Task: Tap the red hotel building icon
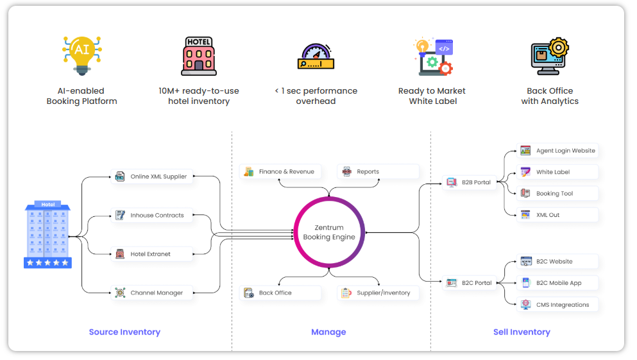199,56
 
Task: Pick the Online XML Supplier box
152,176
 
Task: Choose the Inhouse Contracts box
152,216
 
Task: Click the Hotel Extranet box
152,254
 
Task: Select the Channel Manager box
152,293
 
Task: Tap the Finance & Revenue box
280,171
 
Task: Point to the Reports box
378,171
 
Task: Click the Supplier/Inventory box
378,293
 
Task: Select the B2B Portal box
470,182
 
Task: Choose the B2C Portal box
470,283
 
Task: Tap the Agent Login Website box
557,151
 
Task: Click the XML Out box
557,215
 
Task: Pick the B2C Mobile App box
557,283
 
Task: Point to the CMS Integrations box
557,305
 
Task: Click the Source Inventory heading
124,332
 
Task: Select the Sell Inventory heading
522,332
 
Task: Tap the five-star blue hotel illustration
48,234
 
